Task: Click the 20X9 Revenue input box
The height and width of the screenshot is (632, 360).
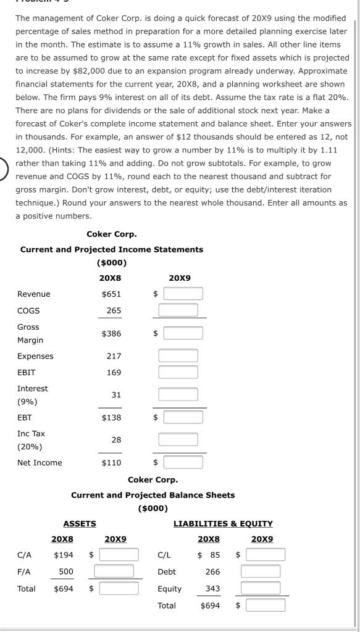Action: coord(183,294)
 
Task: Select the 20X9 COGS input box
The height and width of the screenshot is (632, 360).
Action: coord(178,310)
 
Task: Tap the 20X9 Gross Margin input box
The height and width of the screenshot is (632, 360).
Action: coord(183,333)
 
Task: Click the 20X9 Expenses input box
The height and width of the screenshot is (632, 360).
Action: coord(178,356)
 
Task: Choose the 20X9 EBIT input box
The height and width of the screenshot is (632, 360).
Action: coord(178,373)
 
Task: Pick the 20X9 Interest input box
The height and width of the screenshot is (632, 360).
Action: coord(178,394)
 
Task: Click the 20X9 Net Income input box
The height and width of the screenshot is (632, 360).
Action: coord(183,462)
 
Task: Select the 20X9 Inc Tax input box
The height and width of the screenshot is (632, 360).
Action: coord(178,439)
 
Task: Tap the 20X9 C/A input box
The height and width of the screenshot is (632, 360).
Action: coord(119,555)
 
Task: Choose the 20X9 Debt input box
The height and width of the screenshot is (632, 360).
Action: coord(260,572)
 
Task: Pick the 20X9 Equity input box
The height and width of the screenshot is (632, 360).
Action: coord(260,588)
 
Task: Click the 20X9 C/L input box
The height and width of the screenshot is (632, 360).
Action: coord(265,555)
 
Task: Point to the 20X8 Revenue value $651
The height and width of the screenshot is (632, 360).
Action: coord(111,294)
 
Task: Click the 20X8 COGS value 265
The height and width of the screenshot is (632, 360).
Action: coord(114,311)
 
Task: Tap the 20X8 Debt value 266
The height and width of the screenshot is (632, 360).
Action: coord(212,572)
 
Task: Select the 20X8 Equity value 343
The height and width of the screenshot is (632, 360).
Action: coord(212,589)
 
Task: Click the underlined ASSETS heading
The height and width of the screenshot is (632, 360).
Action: coord(80,523)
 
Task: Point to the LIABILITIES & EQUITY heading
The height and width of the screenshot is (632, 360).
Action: coord(223,523)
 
